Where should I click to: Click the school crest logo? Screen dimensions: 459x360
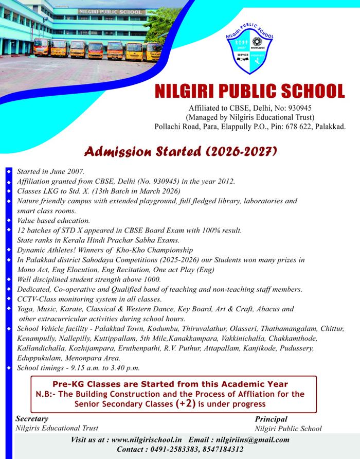coord(250,50)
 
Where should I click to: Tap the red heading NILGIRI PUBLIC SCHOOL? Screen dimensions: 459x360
coord(250,91)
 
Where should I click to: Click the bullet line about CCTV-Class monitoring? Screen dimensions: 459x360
coord(89,299)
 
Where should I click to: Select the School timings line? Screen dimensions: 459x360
coord(78,368)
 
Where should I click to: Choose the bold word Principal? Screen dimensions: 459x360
coord(271,419)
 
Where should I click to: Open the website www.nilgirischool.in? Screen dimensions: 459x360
coord(147,440)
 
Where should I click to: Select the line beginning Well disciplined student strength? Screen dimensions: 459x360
coord(89,279)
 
